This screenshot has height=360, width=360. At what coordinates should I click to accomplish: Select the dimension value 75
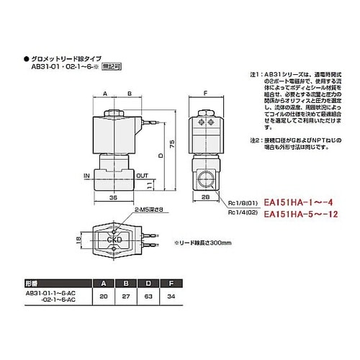point(171,144)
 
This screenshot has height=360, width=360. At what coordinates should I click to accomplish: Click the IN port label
point(86,174)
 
